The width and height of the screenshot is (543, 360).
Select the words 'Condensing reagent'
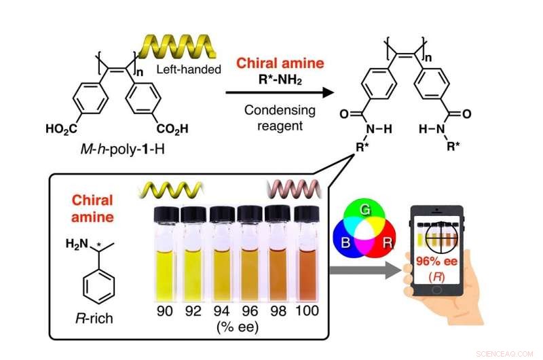[x=279, y=118]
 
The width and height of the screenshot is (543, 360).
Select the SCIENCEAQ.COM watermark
[x=508, y=353]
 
